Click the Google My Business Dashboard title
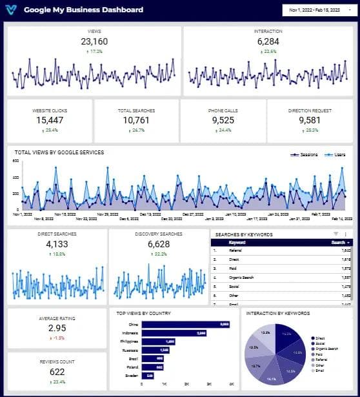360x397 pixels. [x=84, y=10]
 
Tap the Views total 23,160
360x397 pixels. [x=94, y=41]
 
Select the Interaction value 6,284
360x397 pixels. [x=268, y=41]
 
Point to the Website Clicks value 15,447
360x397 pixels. [x=50, y=120]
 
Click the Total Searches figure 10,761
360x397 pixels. [x=136, y=120]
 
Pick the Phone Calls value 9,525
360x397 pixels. [x=223, y=120]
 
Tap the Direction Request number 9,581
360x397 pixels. [x=310, y=120]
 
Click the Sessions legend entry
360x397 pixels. [x=304, y=155]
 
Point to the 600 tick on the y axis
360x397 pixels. [x=16, y=161]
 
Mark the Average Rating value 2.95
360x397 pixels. [x=56, y=328]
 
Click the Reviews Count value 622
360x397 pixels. [x=56, y=372]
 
